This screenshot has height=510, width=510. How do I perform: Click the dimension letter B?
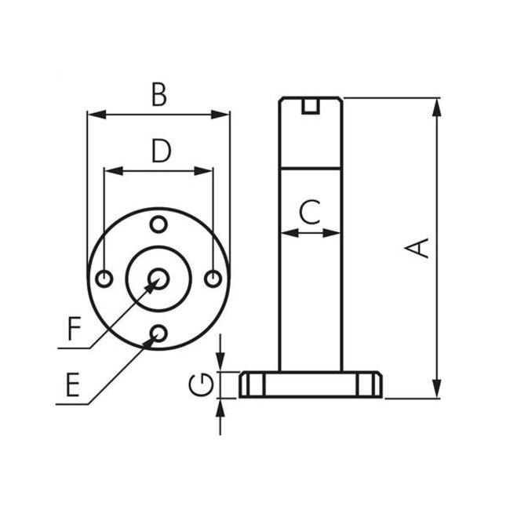(x=159, y=95)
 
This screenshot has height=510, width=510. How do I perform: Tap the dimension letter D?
(x=160, y=151)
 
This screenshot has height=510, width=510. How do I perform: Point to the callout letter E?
(x=72, y=384)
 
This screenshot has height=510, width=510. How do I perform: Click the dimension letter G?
(x=202, y=384)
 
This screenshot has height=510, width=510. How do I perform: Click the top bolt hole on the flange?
(x=159, y=224)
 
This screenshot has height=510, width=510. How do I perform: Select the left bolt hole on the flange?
(x=104, y=279)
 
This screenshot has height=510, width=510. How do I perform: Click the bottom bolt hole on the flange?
(x=158, y=334)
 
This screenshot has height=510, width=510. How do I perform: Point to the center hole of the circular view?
(x=159, y=279)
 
